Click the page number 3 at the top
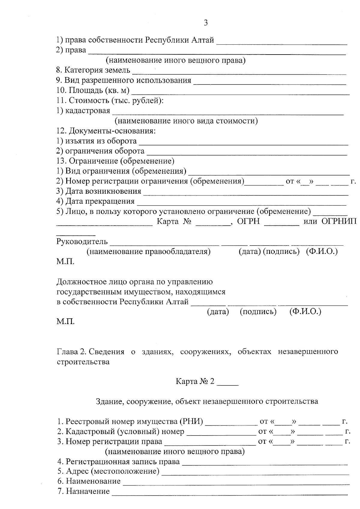pos(205,23)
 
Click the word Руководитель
pos(82,241)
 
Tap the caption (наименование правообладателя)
pos(148,252)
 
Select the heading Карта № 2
pos(195,382)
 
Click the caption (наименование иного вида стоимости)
pos(186,121)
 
